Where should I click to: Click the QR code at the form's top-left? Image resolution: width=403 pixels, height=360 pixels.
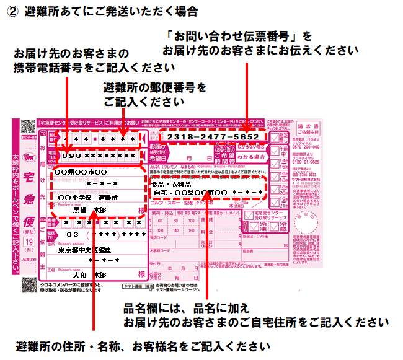[x=27, y=125]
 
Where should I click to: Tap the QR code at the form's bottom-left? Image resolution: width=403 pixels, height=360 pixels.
[x=29, y=284]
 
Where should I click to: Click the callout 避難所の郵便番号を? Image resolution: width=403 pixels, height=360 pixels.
[x=155, y=87]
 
